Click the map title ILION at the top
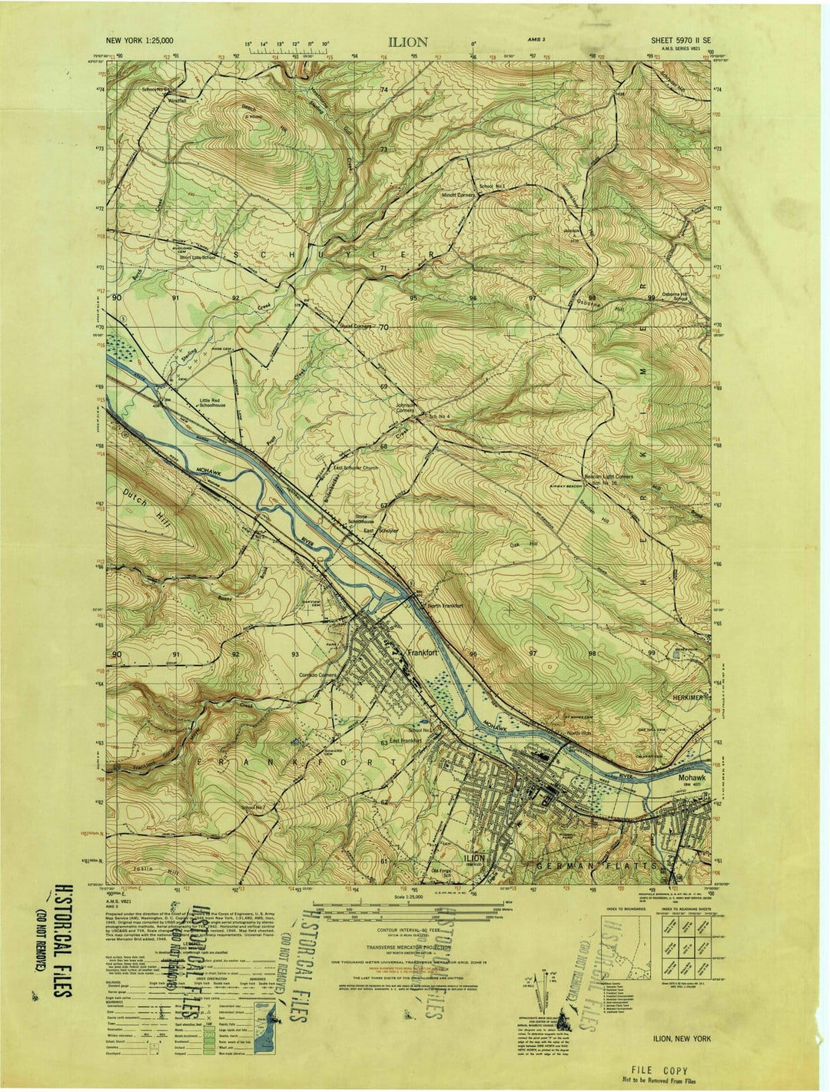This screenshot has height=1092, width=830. (407, 43)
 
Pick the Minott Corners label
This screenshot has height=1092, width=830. (459, 195)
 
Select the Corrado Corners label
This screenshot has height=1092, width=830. (318, 675)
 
